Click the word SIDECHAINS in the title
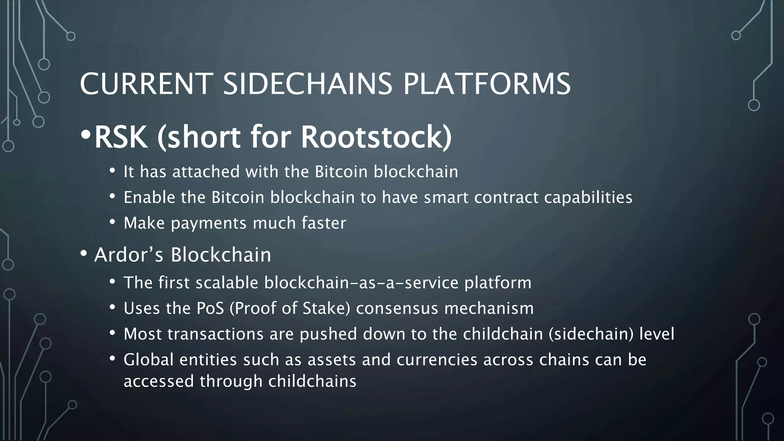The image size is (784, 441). [x=307, y=84]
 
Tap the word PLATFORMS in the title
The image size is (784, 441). [x=487, y=84]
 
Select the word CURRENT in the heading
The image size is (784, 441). [x=146, y=84]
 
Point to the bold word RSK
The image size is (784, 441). [x=121, y=137]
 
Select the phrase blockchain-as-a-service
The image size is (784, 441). [x=361, y=283]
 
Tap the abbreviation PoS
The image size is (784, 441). [x=210, y=309]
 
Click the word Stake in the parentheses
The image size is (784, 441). [x=326, y=309]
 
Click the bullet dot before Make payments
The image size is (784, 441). [x=112, y=222]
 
